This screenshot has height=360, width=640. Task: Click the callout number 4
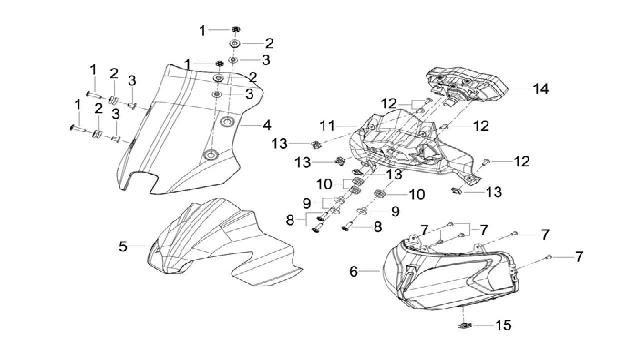coord(267,124)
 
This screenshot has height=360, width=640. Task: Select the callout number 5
coord(123,246)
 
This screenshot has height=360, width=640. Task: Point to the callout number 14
coord(540,89)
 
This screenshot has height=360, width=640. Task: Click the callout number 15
coord(504,325)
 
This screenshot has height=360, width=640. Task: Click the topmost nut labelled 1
coord(234,29)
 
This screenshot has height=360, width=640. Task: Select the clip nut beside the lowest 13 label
coord(456,190)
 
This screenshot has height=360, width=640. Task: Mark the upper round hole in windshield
coord(228,121)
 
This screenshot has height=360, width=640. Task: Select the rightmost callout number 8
coord(378,226)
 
